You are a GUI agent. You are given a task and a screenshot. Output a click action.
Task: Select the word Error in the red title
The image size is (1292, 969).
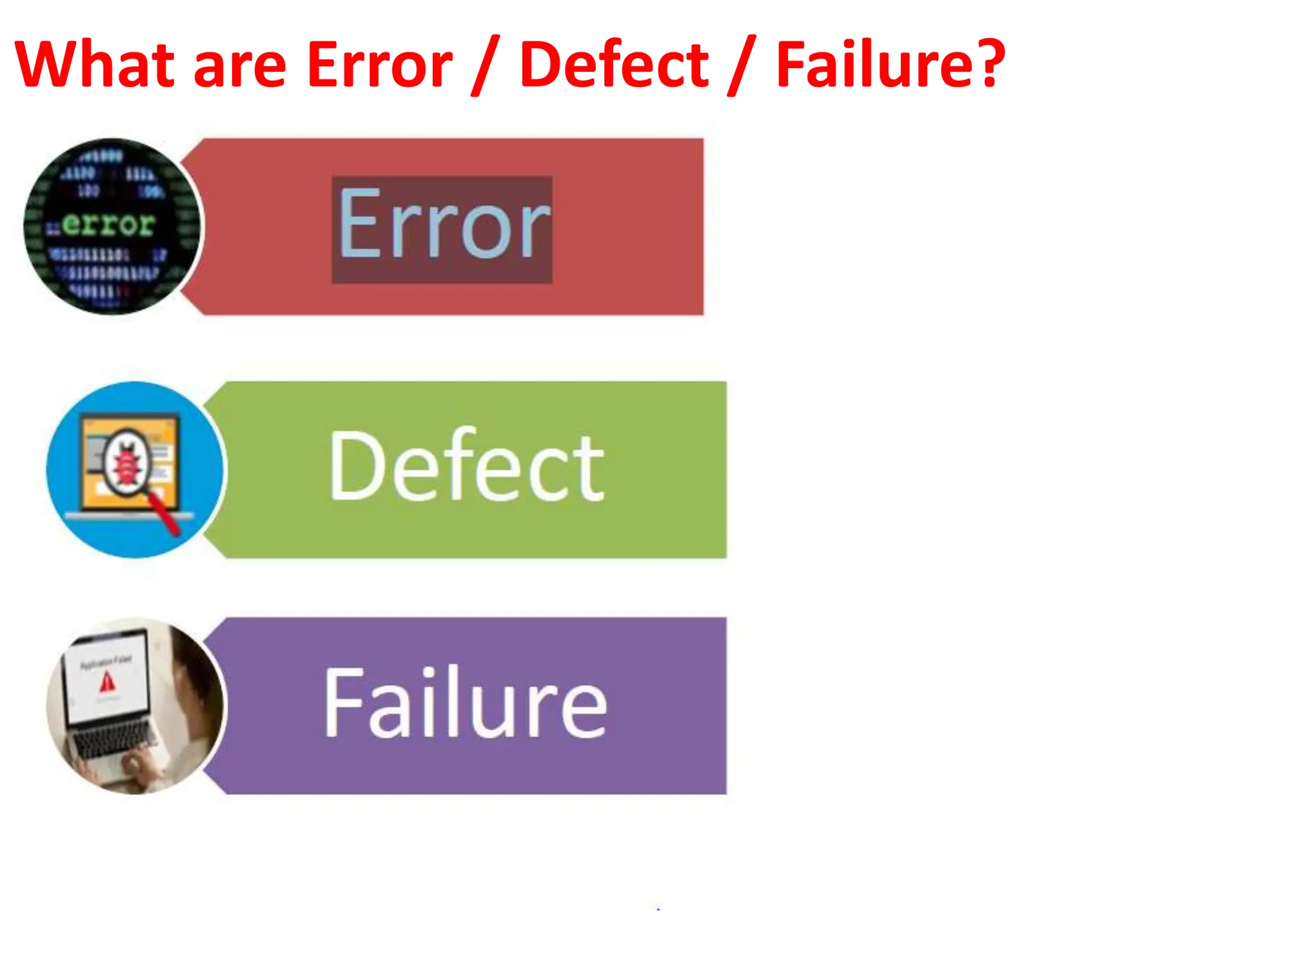click(x=380, y=64)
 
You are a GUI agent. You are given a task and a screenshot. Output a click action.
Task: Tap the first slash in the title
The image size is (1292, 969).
click(x=485, y=66)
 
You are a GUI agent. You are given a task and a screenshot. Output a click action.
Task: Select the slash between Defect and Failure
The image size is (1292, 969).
click(x=742, y=66)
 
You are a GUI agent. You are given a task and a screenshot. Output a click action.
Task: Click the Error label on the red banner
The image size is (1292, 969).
click(x=443, y=225)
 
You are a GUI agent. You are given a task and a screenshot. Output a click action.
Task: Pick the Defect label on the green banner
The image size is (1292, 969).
click(x=466, y=466)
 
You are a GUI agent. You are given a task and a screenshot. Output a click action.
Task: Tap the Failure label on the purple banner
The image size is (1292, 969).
click(x=465, y=703)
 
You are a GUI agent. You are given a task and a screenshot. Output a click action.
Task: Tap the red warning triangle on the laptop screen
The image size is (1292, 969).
click(x=107, y=682)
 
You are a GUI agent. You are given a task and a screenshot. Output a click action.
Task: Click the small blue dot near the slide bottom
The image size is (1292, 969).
click(x=658, y=909)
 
